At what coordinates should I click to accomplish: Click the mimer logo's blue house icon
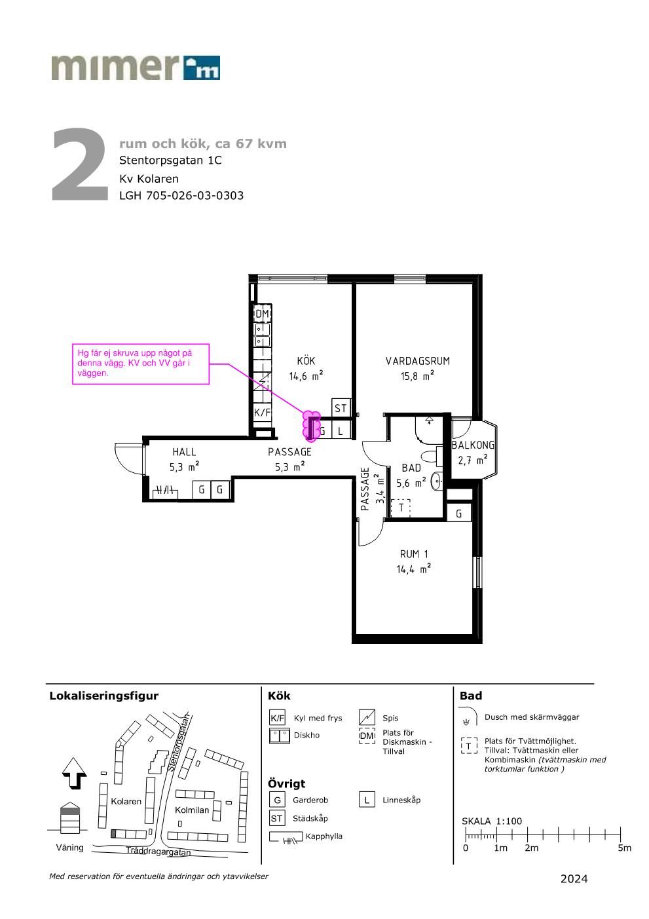(202, 67)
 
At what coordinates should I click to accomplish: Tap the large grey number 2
(80, 164)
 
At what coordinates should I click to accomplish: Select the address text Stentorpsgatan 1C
(170, 160)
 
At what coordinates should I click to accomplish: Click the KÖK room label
(306, 361)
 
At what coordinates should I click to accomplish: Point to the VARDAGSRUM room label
(418, 361)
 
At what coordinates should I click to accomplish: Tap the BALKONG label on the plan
(473, 445)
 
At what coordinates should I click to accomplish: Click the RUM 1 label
(414, 554)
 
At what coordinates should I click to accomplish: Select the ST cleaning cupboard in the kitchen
(341, 408)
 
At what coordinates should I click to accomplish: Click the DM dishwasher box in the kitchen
(262, 314)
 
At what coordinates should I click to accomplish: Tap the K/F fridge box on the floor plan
(262, 412)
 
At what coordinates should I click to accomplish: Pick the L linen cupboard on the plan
(340, 431)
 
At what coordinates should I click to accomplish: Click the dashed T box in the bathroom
(401, 507)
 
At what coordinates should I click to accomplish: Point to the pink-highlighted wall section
(311, 426)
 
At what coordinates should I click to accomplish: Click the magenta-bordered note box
(141, 364)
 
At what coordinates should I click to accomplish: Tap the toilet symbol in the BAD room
(432, 456)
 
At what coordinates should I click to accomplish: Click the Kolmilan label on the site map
(192, 810)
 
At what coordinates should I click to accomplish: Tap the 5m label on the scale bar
(624, 848)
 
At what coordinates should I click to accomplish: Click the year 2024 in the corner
(574, 878)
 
